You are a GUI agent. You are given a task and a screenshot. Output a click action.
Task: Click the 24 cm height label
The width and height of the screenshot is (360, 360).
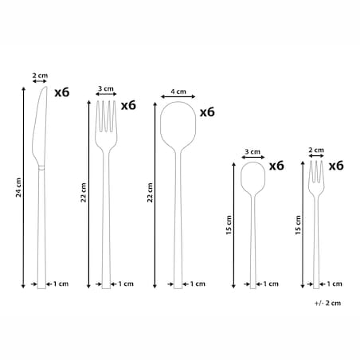click(x=18, y=187)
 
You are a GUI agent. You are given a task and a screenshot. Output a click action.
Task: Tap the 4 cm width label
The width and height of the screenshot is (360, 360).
click(x=178, y=92)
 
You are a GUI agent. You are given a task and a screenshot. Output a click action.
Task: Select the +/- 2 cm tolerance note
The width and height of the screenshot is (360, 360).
click(x=327, y=303)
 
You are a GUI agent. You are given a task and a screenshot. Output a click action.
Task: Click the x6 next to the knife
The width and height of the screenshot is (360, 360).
click(x=62, y=92)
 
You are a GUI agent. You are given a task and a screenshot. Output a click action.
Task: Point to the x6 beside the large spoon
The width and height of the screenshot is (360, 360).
click(x=207, y=112)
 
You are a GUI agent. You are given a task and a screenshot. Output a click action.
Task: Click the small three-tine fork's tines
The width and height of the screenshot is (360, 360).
click(x=316, y=172)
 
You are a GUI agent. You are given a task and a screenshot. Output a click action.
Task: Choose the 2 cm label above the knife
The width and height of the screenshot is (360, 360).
click(x=40, y=76)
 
